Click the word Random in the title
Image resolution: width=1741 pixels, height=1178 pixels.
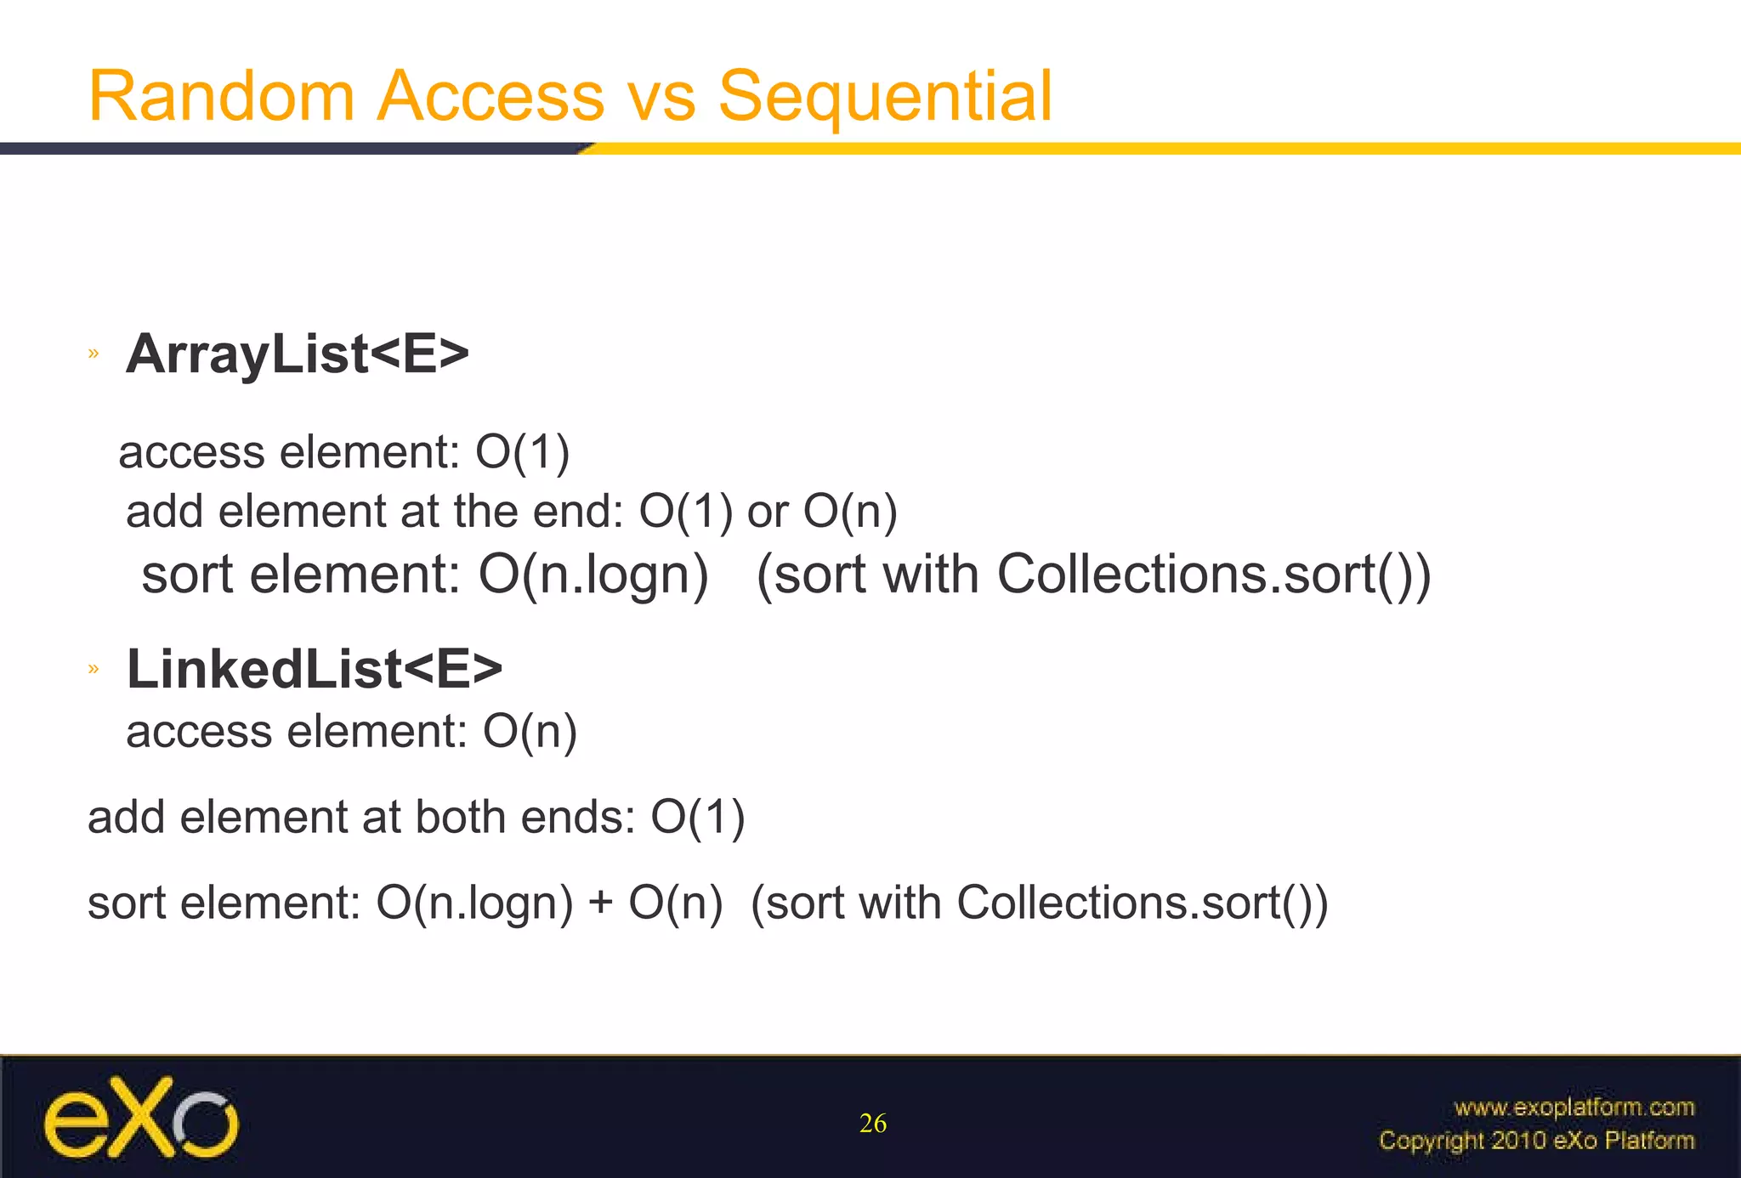click(222, 96)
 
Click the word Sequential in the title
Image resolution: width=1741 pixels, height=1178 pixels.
click(885, 96)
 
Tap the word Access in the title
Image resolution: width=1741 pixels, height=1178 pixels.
click(491, 96)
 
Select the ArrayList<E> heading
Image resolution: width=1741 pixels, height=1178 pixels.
click(298, 354)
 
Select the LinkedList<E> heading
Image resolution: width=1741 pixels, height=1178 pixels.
click(315, 669)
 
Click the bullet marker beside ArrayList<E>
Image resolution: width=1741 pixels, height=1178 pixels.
click(94, 354)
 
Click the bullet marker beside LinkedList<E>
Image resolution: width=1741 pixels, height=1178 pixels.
click(94, 670)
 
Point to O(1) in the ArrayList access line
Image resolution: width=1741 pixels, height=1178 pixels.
click(522, 451)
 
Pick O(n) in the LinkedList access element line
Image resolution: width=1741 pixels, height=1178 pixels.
click(530, 731)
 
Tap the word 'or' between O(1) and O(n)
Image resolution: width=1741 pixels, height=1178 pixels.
click(767, 512)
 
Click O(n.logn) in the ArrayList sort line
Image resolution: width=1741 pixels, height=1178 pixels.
click(593, 575)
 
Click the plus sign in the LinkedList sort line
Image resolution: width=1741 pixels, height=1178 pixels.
click(600, 902)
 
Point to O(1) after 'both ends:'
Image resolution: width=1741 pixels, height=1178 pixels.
click(698, 817)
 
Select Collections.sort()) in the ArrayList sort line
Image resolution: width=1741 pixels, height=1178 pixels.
click(1214, 575)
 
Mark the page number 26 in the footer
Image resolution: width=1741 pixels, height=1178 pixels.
click(873, 1124)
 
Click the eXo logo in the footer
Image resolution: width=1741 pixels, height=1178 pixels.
click(141, 1117)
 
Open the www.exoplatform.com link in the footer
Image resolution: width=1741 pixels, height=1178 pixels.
click(1574, 1107)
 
